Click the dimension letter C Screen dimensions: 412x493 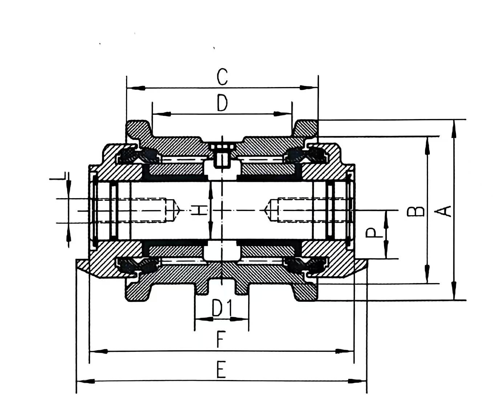point(222,77)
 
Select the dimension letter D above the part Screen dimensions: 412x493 point(222,103)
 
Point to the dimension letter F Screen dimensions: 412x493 point(220,340)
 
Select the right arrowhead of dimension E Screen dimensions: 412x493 point(357,381)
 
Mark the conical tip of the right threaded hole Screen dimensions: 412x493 point(267,210)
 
